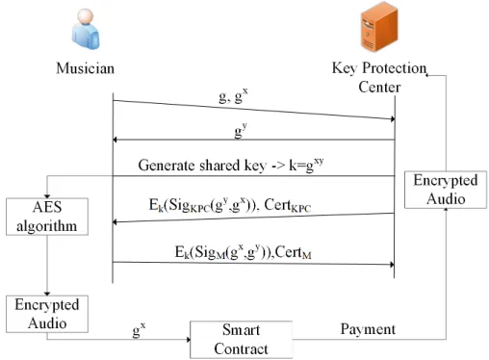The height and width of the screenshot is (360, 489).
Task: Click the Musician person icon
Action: tap(86, 29)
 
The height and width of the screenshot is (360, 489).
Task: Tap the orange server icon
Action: tap(379, 27)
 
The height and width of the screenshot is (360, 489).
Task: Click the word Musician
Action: tap(86, 68)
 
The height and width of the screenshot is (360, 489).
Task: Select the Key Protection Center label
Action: tap(379, 77)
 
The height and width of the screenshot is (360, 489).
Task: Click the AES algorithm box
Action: tap(47, 217)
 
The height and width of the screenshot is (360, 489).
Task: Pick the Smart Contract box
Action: tap(241, 340)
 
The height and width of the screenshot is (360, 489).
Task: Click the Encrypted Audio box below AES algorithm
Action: tap(47, 314)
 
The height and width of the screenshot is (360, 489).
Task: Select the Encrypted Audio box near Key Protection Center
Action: tap(446, 190)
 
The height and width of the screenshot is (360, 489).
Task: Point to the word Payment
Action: tap(368, 329)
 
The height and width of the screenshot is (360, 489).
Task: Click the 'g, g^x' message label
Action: tap(233, 96)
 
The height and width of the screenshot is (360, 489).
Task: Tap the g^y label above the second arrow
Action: tap(241, 131)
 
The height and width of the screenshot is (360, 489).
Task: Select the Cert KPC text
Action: tap(288, 205)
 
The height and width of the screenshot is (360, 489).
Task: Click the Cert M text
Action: tap(293, 252)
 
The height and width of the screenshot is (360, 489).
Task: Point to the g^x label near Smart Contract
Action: tap(139, 330)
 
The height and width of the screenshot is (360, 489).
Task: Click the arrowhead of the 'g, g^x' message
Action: tap(393, 119)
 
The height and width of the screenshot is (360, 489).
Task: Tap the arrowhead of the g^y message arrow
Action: tap(115, 140)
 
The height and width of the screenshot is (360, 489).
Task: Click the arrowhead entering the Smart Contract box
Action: tap(189, 339)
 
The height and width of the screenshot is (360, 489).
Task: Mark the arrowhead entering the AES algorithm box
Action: tap(47, 196)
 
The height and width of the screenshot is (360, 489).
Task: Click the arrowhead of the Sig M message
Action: tap(392, 265)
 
